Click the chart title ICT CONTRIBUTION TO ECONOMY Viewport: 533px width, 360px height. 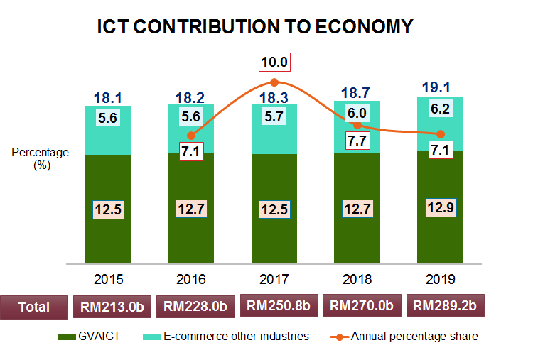tap(255, 27)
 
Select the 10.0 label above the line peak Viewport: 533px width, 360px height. tap(274, 62)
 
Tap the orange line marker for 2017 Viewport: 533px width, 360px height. tap(274, 83)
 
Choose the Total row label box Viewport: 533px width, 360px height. tap(34, 307)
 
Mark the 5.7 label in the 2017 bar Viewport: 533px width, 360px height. tap(274, 119)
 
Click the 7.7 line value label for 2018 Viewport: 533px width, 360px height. tap(357, 141)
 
